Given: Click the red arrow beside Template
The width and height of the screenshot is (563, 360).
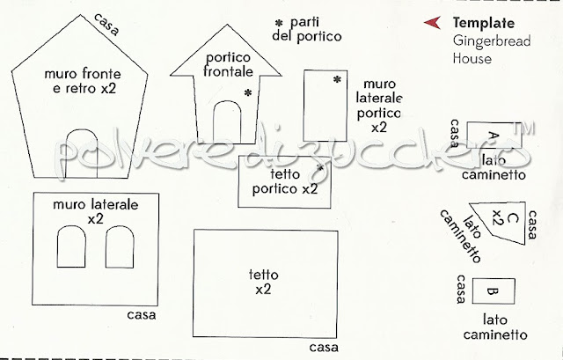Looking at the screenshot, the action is point(431,24).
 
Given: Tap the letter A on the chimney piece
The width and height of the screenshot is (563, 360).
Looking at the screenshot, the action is point(492,134).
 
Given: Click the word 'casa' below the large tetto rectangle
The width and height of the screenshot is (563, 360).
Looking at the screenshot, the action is point(324,345).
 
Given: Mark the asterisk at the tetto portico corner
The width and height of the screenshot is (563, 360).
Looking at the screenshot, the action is point(320,165).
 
